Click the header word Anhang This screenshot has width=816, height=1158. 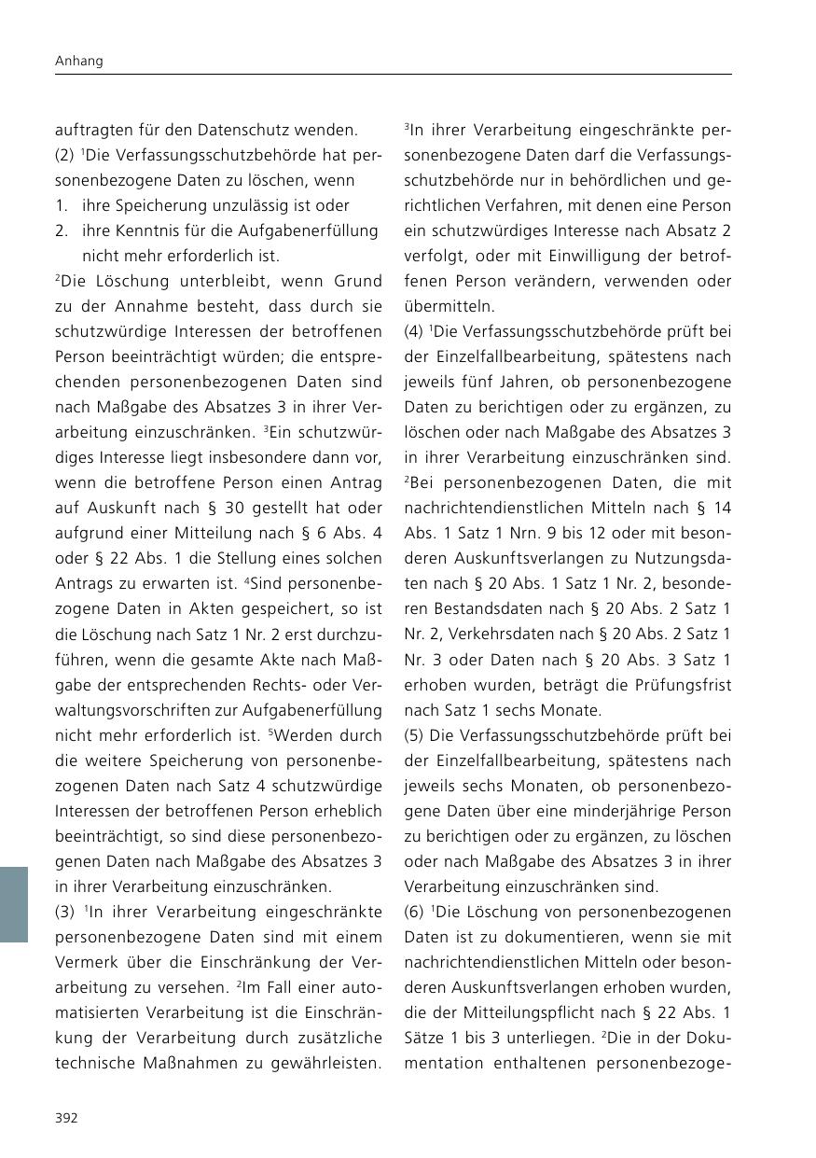coord(78,61)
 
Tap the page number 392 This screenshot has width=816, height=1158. coord(66,1118)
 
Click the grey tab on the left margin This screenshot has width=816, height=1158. coord(14,904)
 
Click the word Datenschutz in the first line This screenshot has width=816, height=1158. coord(265,130)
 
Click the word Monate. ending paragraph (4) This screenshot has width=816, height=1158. coord(571,710)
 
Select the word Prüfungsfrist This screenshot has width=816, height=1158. coord(686,685)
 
